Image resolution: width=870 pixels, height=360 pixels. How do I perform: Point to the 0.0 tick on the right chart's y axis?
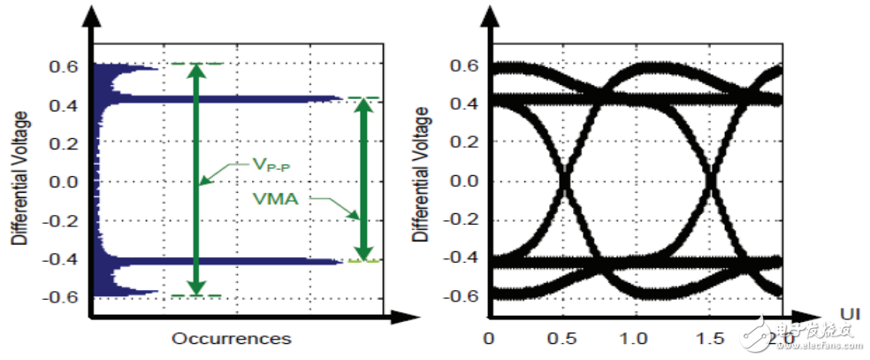click(x=469, y=182)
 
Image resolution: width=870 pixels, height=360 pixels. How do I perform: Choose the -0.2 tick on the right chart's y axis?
click(x=466, y=221)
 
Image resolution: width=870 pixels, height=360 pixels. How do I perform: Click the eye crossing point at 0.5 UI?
click(x=564, y=183)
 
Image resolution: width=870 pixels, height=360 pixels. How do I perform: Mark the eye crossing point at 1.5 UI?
click(x=710, y=183)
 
